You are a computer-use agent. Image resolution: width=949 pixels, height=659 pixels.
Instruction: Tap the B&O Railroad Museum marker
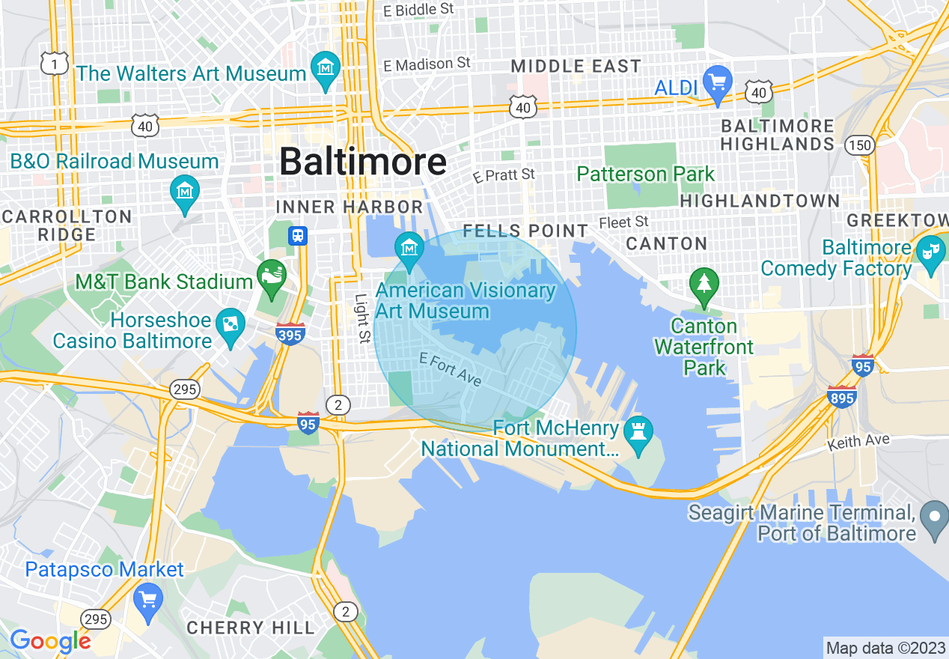(185, 192)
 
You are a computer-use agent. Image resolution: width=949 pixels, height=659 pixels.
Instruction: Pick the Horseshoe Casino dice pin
(230, 326)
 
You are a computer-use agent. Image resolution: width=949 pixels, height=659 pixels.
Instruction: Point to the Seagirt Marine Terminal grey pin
(934, 518)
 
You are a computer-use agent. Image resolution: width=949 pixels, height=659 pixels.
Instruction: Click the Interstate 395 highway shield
(290, 333)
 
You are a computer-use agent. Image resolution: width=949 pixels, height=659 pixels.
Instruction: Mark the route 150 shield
(860, 145)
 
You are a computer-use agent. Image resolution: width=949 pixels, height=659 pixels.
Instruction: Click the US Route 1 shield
(55, 64)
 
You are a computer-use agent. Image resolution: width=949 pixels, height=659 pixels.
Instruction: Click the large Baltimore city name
(363, 162)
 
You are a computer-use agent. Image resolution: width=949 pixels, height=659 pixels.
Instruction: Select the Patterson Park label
(646, 174)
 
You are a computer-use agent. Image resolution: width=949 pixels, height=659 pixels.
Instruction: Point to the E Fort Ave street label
(451, 369)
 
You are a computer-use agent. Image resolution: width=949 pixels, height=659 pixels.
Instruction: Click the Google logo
(50, 641)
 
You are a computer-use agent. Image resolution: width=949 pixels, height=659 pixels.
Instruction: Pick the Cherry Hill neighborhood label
(251, 628)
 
